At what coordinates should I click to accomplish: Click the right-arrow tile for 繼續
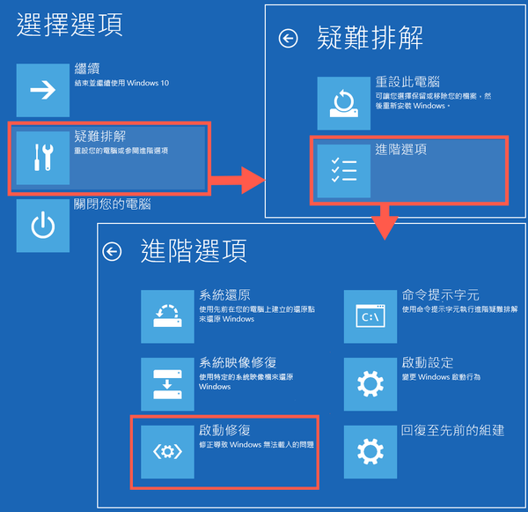coord(43,90)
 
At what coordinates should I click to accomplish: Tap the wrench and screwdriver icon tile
coord(43,158)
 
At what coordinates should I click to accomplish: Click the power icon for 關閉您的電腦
coord(43,226)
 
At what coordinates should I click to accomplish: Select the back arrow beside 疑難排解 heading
coord(289,38)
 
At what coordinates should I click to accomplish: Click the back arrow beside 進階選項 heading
coord(112,251)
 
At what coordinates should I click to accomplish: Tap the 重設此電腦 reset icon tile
coord(344,103)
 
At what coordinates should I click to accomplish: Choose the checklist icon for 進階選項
coord(344,171)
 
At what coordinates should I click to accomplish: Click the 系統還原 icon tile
coord(167,316)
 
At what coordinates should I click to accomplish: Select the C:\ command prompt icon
coord(370,316)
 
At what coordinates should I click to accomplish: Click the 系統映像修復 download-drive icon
coord(167,384)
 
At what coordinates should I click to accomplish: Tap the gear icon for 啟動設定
coord(370,384)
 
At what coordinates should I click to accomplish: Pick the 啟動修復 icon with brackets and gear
coord(167,452)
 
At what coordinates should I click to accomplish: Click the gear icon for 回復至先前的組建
coord(370,452)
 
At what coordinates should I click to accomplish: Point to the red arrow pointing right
coord(238,180)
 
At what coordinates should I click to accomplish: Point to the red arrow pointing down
coord(385,222)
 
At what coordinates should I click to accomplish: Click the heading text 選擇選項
coord(70,25)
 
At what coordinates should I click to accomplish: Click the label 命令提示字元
coord(441,295)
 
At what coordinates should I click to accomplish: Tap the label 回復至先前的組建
coord(453,430)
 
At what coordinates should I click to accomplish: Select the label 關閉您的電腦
coord(113,204)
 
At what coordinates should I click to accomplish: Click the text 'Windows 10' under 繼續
coord(148,83)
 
